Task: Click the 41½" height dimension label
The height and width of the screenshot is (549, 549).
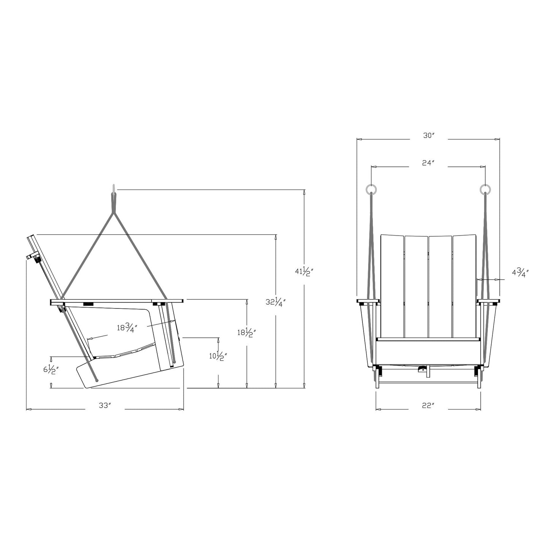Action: click(304, 272)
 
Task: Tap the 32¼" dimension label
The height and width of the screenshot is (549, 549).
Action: click(275, 302)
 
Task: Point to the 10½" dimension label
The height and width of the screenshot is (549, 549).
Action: click(218, 356)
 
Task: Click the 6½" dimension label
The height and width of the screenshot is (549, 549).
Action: click(51, 370)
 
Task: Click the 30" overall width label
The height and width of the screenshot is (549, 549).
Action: click(428, 136)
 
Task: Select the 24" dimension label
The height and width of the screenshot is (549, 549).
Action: click(428, 163)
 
